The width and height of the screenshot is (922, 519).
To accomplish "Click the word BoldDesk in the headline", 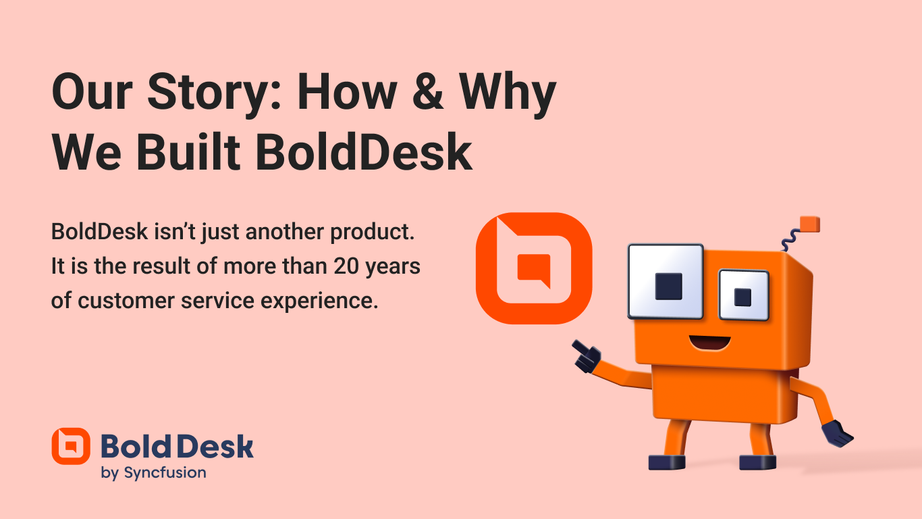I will click(x=364, y=152).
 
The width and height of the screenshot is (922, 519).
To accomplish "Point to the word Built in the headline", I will click(x=188, y=152).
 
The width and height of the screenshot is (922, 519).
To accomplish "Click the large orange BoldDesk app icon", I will click(x=534, y=268).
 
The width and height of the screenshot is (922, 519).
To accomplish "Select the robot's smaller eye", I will click(x=743, y=295).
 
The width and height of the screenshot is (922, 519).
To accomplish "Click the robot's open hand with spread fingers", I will click(x=838, y=433).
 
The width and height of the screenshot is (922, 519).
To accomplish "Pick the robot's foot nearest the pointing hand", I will click(x=667, y=462).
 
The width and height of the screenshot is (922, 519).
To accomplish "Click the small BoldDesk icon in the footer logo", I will click(x=71, y=446).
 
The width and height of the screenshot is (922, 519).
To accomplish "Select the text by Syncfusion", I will click(x=153, y=473).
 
